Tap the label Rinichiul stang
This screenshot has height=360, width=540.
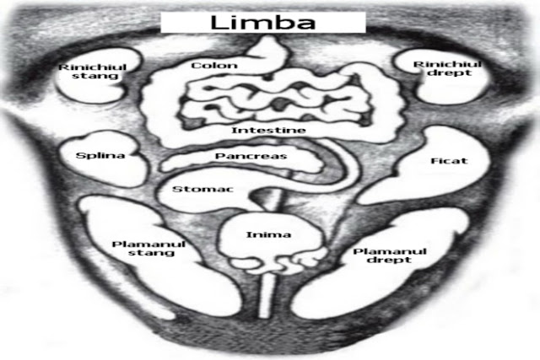click(x=87, y=71)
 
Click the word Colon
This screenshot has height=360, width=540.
click(x=213, y=65)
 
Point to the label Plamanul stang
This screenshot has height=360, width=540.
click(x=148, y=249)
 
